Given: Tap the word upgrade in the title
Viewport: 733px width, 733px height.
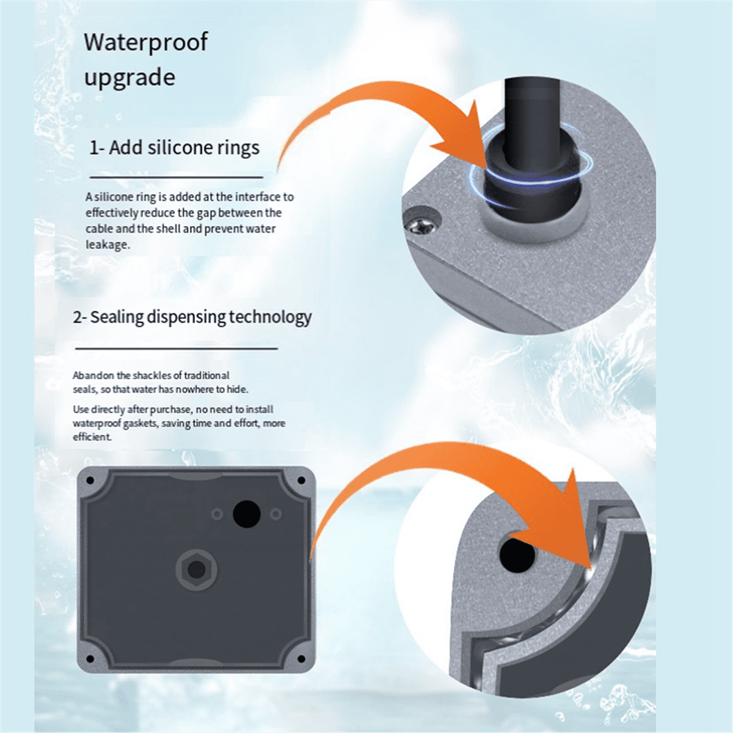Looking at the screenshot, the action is click(x=129, y=78).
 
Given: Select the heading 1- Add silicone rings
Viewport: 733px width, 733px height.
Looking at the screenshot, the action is click(x=174, y=148).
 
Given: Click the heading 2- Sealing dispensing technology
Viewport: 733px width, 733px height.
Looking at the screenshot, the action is click(x=192, y=317).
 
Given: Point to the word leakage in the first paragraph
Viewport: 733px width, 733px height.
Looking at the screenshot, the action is click(x=108, y=244).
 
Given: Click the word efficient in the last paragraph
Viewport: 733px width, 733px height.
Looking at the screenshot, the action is click(x=92, y=437).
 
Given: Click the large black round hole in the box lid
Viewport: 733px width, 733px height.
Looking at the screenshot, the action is click(x=247, y=514).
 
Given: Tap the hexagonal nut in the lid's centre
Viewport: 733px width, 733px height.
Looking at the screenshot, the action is click(x=196, y=569).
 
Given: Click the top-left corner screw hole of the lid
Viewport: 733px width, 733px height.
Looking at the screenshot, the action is click(x=90, y=481).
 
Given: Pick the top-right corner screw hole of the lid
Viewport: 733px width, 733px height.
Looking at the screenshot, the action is click(x=301, y=481).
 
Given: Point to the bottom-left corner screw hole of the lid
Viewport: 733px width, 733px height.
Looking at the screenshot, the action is click(x=90, y=659).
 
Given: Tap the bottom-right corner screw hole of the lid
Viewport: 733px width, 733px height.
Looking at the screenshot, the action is click(x=301, y=659).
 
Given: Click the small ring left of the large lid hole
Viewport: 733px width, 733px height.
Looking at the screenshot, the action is click(x=217, y=515).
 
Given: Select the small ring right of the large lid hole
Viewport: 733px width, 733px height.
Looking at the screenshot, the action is click(x=275, y=515).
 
